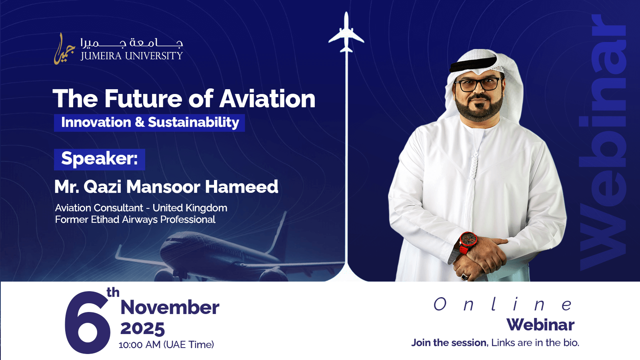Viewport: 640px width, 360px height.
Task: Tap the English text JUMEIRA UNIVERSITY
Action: (x=132, y=56)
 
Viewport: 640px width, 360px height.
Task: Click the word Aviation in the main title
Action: (x=268, y=98)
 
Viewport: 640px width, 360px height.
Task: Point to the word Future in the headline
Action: (x=143, y=98)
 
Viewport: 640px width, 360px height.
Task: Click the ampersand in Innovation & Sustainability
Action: (x=140, y=122)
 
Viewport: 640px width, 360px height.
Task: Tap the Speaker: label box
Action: (x=100, y=160)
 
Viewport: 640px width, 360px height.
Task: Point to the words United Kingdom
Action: (x=190, y=208)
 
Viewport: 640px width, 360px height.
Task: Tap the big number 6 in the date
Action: (x=88, y=322)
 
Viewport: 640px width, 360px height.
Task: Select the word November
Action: (x=170, y=308)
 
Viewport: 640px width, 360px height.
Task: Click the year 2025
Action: (x=142, y=328)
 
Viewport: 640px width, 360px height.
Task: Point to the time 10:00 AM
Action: (x=140, y=345)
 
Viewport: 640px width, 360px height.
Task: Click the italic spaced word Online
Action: (x=504, y=304)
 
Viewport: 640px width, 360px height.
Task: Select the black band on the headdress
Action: (x=474, y=64)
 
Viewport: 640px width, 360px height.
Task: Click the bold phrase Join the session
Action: (x=449, y=342)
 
